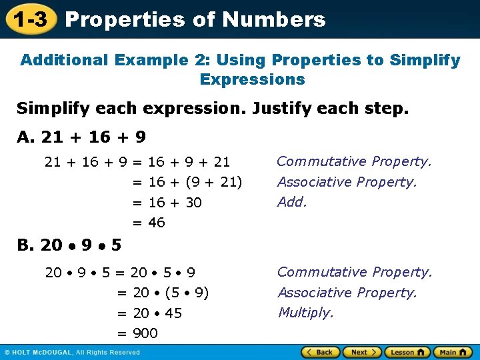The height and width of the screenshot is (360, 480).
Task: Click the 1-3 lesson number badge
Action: tap(31, 19)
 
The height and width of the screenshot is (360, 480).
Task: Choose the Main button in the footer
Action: tap(453, 352)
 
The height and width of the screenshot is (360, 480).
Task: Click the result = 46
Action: tap(149, 223)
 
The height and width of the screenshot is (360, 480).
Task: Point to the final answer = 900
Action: tap(137, 333)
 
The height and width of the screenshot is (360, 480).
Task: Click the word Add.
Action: tap(292, 202)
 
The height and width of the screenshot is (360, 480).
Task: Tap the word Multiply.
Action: tap(305, 313)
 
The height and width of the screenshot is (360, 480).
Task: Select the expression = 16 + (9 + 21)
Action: tap(187, 182)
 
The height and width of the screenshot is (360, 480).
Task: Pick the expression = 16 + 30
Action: tap(167, 203)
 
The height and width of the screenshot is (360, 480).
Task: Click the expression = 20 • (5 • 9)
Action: tap(163, 293)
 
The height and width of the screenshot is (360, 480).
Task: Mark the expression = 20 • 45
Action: tap(149, 313)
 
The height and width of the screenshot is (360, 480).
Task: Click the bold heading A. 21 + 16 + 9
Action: tap(81, 137)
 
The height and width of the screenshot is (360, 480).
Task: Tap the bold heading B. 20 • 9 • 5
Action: tap(69, 245)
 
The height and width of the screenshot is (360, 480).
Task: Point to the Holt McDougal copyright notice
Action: tap(72, 352)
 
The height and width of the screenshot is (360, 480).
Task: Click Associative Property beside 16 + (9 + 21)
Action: tap(347, 182)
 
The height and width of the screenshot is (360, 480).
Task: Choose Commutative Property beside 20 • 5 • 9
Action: tap(355, 272)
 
